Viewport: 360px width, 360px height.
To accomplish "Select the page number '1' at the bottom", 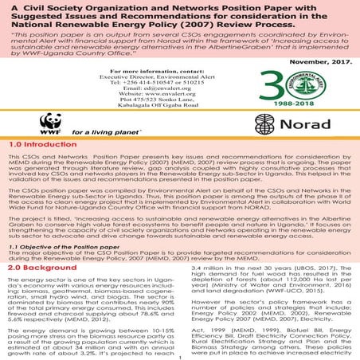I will pos(181,355).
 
